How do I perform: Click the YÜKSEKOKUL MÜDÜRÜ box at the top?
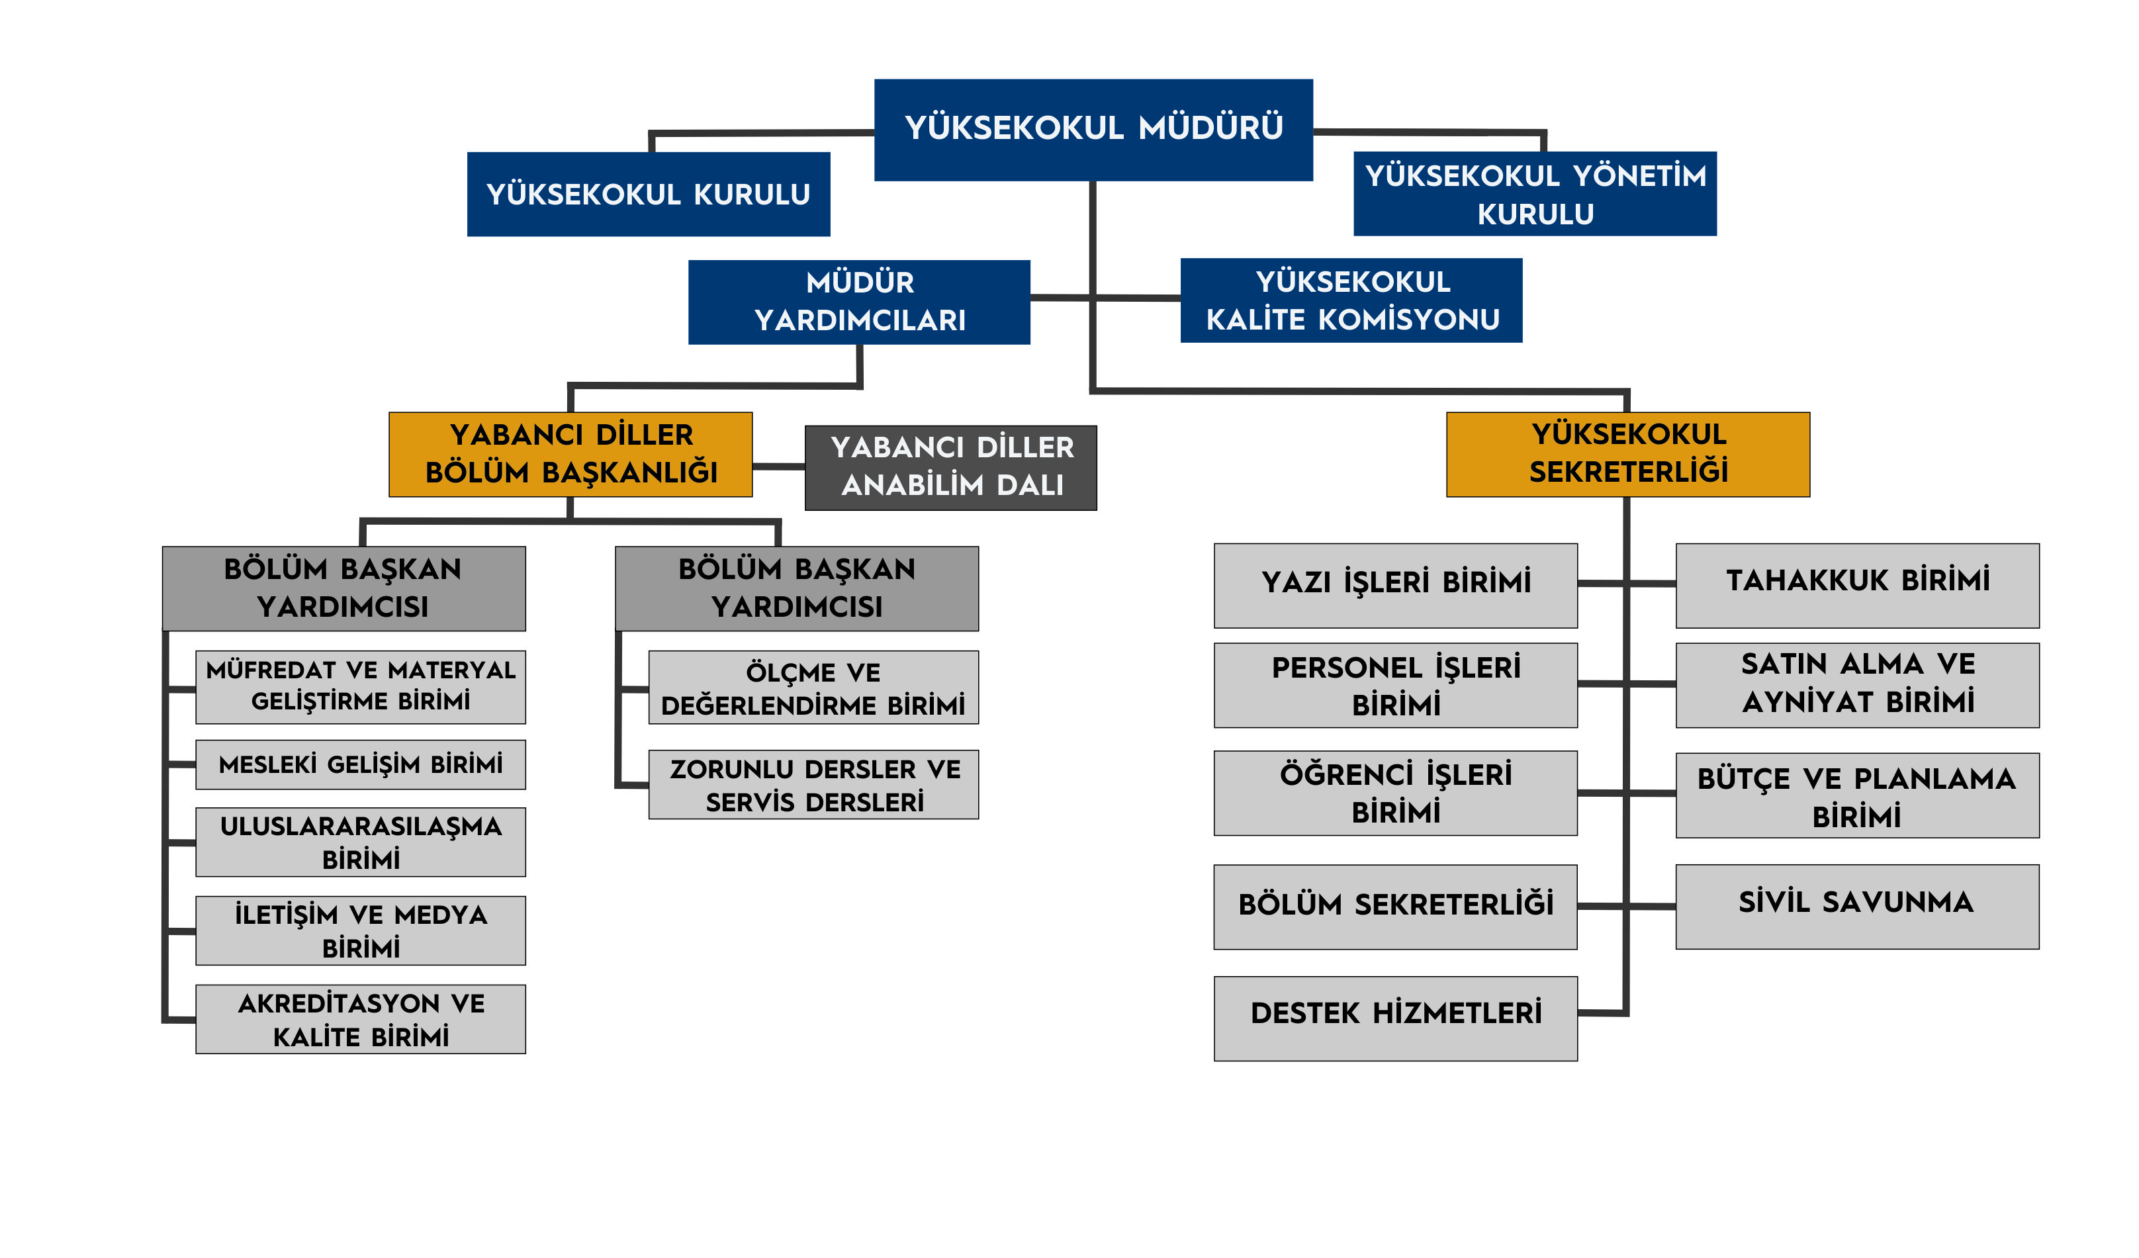click(x=1093, y=130)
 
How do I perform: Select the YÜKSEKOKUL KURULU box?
click(x=649, y=195)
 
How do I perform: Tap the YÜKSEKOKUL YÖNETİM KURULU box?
click(x=1535, y=193)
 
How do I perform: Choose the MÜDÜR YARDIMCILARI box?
click(x=859, y=302)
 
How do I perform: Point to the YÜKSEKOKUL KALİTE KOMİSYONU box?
click(x=1351, y=300)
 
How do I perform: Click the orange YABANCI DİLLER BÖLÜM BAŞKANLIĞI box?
click(x=570, y=454)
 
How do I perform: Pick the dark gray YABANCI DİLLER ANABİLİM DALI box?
click(x=950, y=468)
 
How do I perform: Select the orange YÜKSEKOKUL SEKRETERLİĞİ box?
click(x=1628, y=454)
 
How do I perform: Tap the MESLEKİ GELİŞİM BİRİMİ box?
click(x=361, y=765)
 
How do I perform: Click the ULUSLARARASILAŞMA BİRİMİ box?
click(x=361, y=842)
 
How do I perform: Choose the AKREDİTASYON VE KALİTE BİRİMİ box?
click(x=361, y=1020)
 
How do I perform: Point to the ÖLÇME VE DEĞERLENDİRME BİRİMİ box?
click(x=813, y=688)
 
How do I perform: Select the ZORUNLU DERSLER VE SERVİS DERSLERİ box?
click(x=813, y=784)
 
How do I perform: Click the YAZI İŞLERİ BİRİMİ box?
click(x=1395, y=586)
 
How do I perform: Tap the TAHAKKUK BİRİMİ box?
click(x=1857, y=586)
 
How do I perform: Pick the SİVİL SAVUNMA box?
click(x=1857, y=907)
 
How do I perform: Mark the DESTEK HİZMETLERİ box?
click(x=1395, y=1018)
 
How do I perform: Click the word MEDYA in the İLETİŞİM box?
click(x=441, y=915)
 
